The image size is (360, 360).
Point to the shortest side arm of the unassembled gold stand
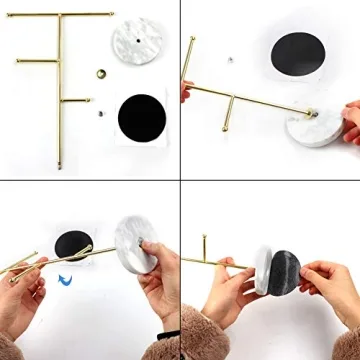76,100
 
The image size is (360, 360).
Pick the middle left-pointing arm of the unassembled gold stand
38,59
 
